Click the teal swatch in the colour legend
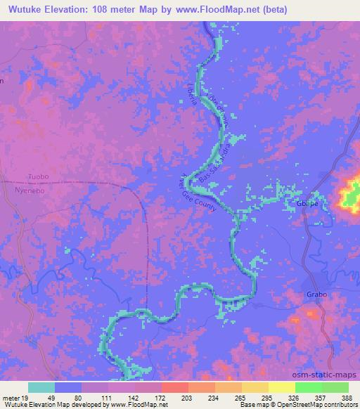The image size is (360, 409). point(41,387)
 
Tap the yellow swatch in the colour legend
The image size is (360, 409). point(281,387)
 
